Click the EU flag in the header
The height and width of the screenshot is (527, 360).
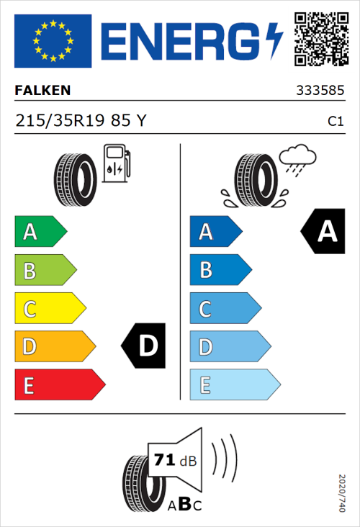click(53, 41)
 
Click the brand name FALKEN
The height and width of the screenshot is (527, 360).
click(43, 91)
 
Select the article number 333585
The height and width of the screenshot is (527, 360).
click(320, 91)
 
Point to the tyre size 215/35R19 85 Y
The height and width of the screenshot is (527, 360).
click(81, 121)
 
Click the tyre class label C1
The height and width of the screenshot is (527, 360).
click(335, 122)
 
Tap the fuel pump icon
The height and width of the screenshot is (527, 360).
click(115, 163)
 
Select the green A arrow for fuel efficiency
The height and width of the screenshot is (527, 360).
click(40, 232)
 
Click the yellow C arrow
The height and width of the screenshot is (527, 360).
click(49, 308)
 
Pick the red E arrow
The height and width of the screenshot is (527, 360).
click(59, 385)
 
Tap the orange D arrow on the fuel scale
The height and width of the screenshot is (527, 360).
click(54, 346)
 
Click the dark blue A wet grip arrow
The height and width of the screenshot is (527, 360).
click(215, 232)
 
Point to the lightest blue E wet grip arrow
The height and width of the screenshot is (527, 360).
click(234, 385)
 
